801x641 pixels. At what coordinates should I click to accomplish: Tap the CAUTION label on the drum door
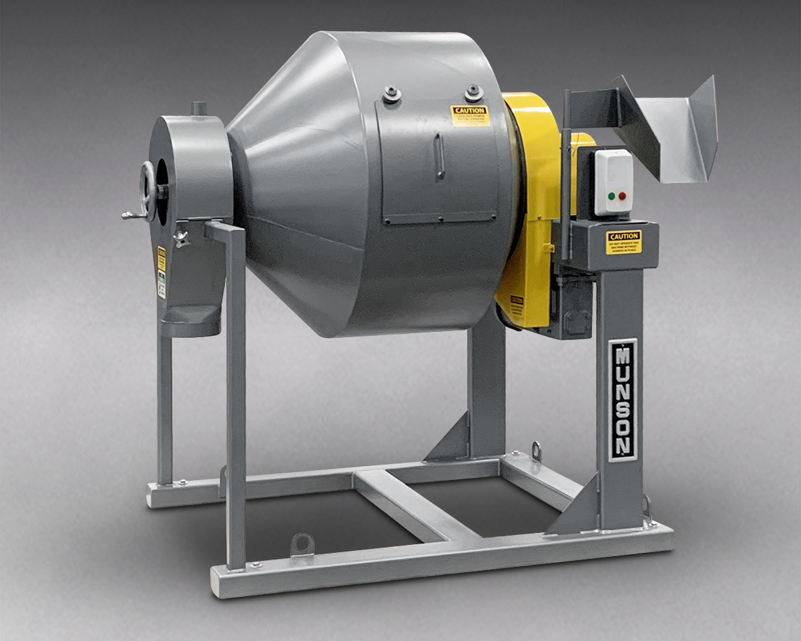pos(470,116)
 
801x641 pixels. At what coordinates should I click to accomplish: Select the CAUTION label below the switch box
pos(623,242)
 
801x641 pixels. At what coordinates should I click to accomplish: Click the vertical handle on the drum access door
pos(439,156)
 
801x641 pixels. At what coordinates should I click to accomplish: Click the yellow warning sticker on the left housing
pos(162,259)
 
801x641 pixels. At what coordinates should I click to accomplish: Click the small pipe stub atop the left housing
pos(198,108)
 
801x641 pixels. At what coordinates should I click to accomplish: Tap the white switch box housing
pos(613,182)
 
